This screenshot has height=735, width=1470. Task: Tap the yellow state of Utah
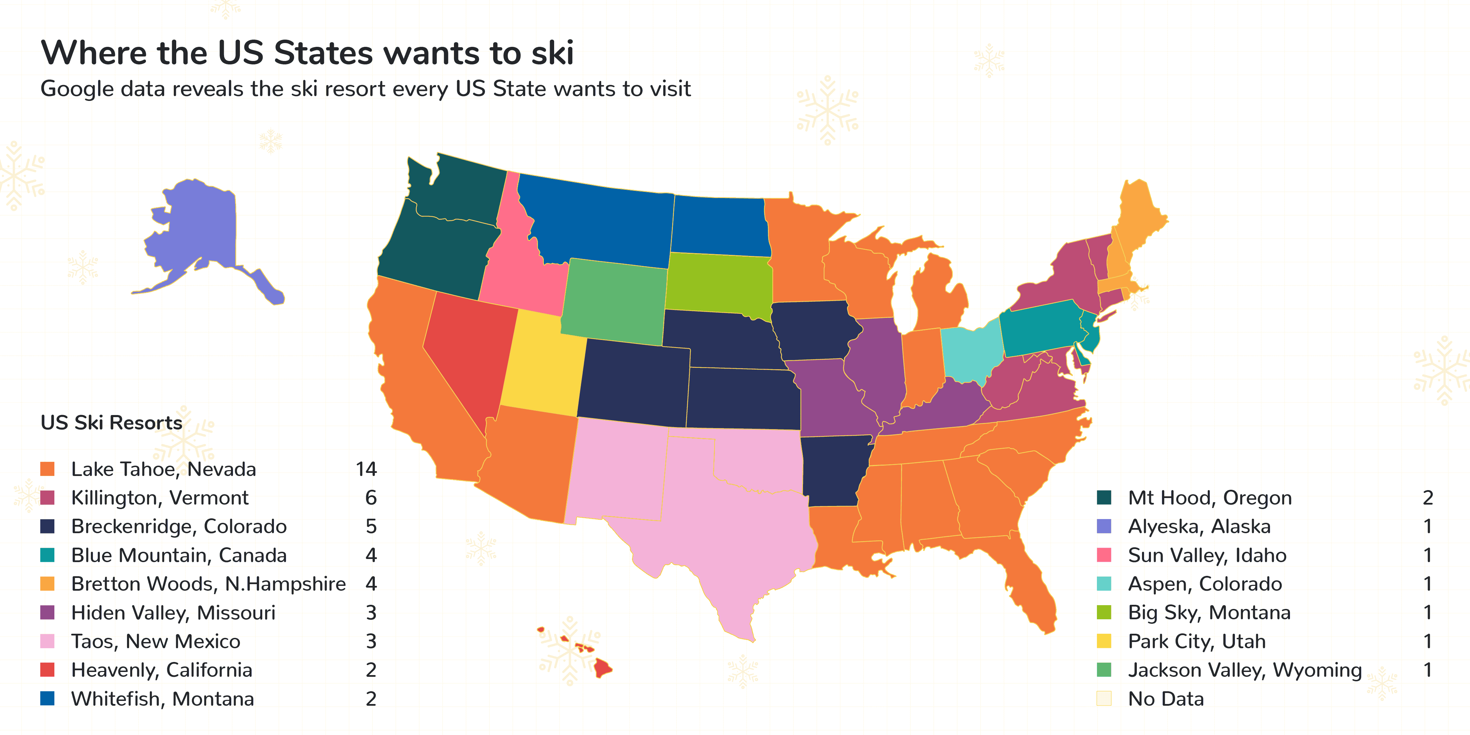click(542, 365)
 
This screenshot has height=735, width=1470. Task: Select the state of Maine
click(1139, 223)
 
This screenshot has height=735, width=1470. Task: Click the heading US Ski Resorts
click(111, 423)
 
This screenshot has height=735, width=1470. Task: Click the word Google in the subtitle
click(76, 89)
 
